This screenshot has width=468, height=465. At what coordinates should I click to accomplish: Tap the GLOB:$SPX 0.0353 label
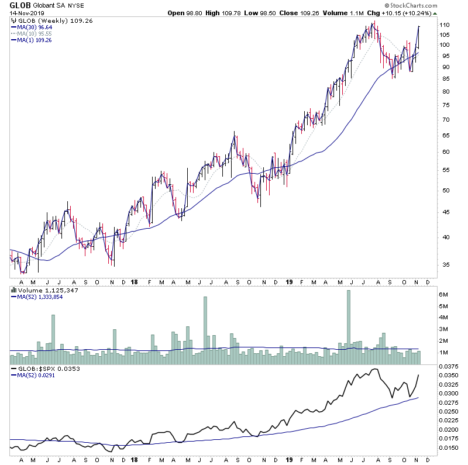(x=47, y=369)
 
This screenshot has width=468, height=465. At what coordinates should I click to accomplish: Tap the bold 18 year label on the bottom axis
(x=134, y=460)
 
